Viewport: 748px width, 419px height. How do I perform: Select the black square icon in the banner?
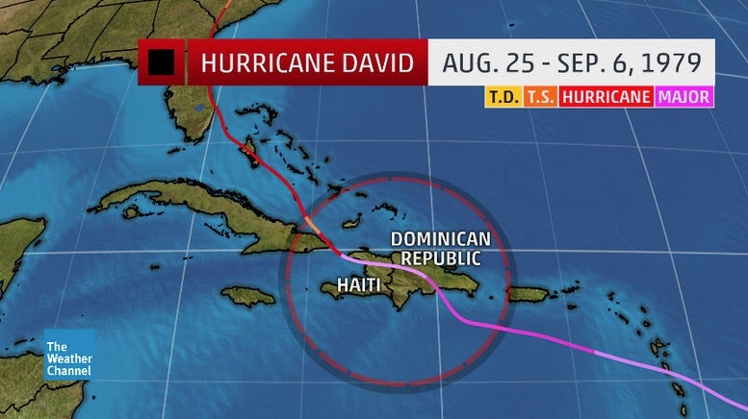click(161, 63)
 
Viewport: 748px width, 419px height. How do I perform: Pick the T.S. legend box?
click(539, 97)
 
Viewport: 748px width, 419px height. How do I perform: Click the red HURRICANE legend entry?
click(606, 97)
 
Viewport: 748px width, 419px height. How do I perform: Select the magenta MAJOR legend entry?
click(684, 97)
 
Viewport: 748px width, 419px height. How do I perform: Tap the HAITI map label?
click(359, 284)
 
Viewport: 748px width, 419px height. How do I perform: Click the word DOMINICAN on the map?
click(441, 238)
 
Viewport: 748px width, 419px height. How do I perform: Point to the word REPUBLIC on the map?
click(440, 258)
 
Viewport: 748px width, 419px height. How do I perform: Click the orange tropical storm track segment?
click(312, 226)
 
